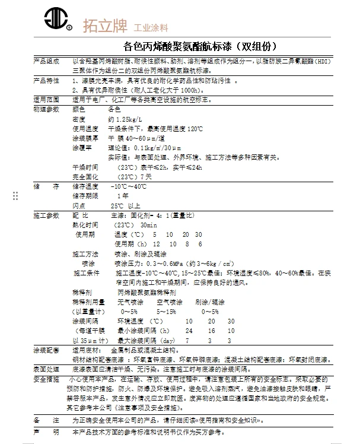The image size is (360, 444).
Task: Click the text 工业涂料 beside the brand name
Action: [151, 28]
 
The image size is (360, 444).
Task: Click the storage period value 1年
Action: [123, 196]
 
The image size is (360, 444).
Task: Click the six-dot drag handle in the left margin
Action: [15, 196]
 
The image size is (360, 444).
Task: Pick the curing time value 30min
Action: [148, 225]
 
